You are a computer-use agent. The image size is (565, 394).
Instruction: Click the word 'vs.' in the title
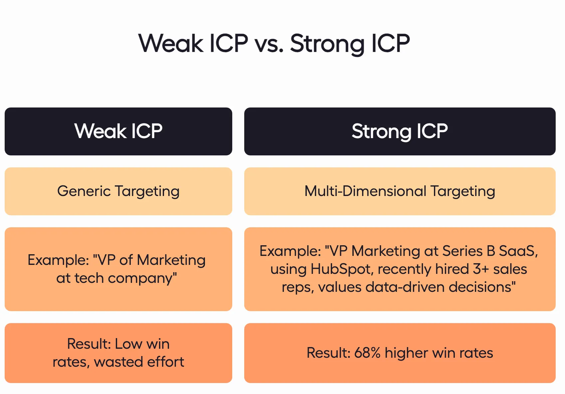point(269,44)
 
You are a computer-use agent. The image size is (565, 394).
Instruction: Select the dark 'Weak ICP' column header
point(118,131)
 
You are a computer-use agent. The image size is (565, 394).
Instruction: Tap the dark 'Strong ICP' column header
point(400,131)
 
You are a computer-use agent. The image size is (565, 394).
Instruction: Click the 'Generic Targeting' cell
point(118,191)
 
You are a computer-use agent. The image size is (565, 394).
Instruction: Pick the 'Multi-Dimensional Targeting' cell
point(400,191)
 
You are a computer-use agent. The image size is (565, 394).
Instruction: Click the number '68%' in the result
point(367,353)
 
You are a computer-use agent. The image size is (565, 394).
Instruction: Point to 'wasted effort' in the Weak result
point(139,362)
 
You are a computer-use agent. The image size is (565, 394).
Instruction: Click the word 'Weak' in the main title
point(171,44)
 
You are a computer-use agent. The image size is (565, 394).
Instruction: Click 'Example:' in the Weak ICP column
point(58,260)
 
